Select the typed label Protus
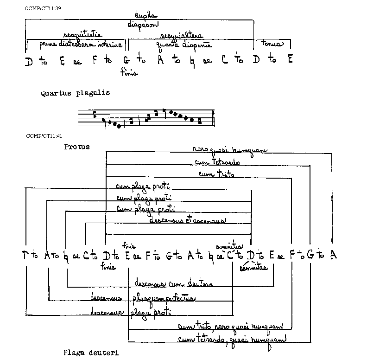tap(77, 147)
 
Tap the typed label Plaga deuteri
tap(91, 353)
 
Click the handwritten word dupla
tap(144, 16)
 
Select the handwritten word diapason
tap(143, 25)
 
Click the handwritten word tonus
tap(272, 44)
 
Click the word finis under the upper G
tap(129, 72)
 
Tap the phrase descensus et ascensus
tap(187, 220)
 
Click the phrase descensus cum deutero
tap(173, 283)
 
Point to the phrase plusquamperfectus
tap(164, 298)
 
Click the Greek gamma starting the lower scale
tap(25, 254)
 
